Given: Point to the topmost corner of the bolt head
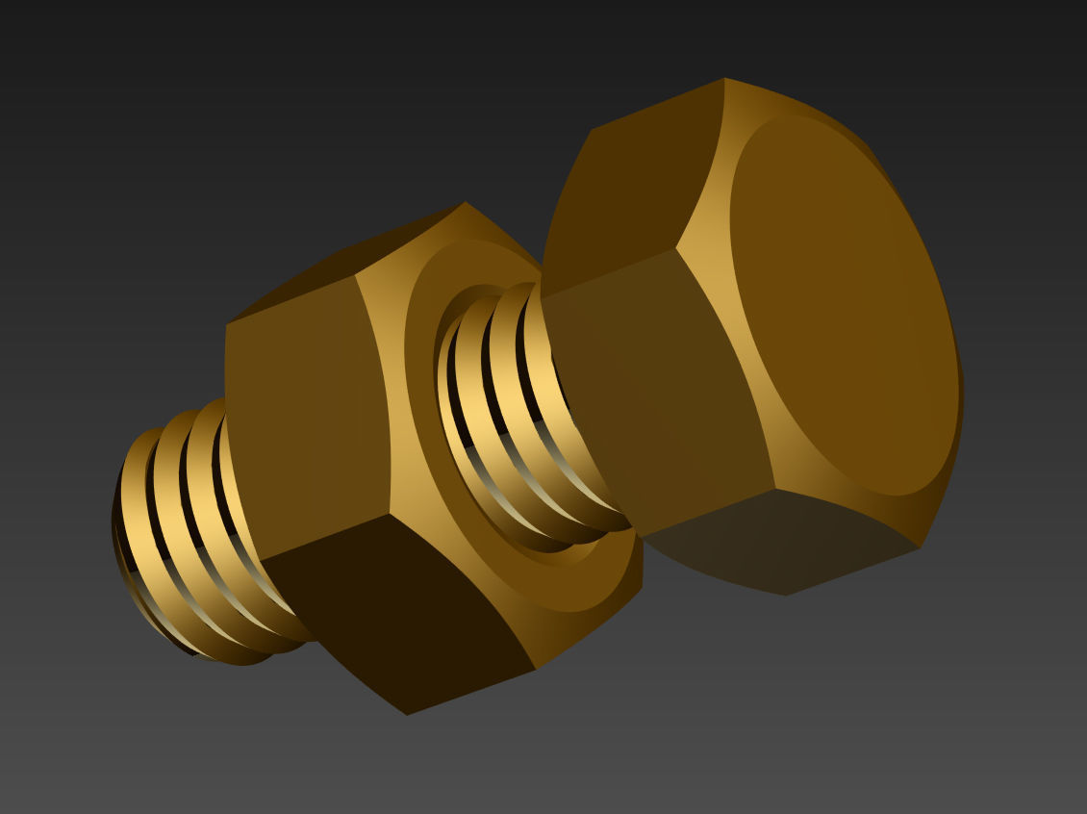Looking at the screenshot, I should click(x=723, y=79).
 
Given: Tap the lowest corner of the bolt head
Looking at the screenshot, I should click(x=787, y=595).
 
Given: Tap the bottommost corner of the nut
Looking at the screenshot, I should click(x=407, y=714).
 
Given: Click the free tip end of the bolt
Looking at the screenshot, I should click(x=130, y=539).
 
